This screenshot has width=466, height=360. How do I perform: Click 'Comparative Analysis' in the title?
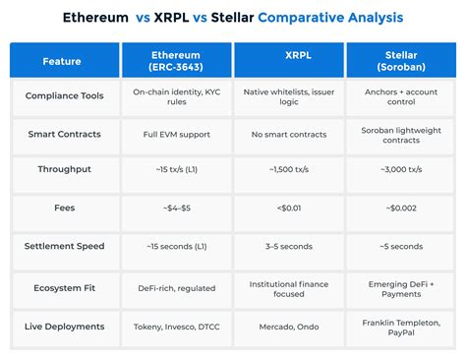(329, 18)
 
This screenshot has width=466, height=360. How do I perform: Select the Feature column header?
(63, 61)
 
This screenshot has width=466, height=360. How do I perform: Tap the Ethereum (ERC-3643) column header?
(177, 61)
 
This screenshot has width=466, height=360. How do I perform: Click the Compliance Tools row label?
(63, 96)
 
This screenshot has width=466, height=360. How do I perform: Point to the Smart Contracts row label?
(63, 133)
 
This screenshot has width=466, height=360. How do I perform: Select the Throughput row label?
(63, 168)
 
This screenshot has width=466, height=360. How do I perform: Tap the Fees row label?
(63, 207)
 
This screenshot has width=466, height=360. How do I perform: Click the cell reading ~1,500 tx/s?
(289, 169)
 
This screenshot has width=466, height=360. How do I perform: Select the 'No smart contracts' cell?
(289, 133)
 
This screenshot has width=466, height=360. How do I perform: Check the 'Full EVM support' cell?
(177, 133)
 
